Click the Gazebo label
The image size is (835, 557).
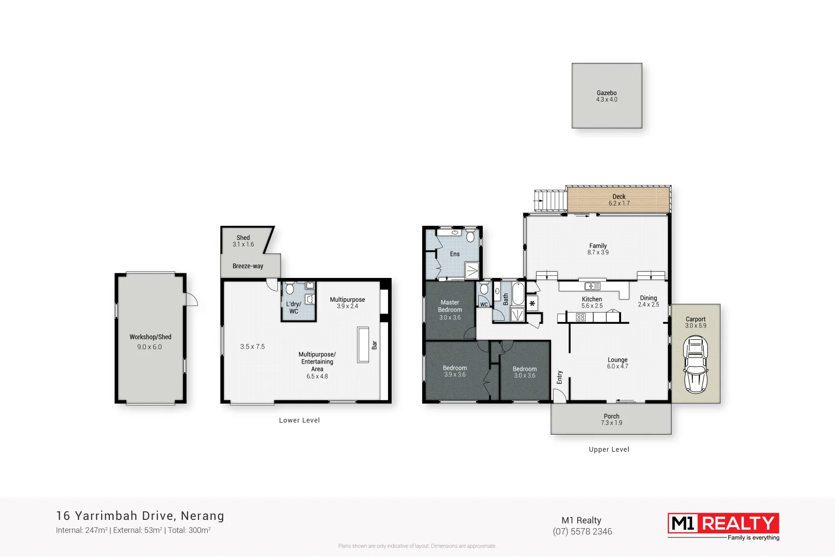point(607,96)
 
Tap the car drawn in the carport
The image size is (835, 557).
point(695,364)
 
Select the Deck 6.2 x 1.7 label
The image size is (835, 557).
point(619,200)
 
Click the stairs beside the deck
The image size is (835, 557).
point(550,200)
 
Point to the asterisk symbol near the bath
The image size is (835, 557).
point(532,304)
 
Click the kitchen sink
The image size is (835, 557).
point(592,286)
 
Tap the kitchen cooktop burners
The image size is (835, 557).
point(581,317)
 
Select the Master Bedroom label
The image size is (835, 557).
point(450,309)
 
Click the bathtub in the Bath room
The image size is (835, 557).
point(518,294)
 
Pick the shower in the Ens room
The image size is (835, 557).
point(472,270)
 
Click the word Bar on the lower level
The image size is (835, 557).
point(375,345)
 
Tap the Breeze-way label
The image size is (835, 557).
point(248,266)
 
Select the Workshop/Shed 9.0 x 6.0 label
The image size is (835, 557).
point(150,341)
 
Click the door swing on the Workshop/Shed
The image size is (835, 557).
point(191,299)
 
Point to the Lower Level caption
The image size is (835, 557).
point(299,420)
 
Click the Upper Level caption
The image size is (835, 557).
point(609,449)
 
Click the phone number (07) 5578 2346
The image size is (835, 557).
point(582,532)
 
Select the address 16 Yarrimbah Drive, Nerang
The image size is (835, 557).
point(140,516)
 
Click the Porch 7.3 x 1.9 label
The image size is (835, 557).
point(611,419)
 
